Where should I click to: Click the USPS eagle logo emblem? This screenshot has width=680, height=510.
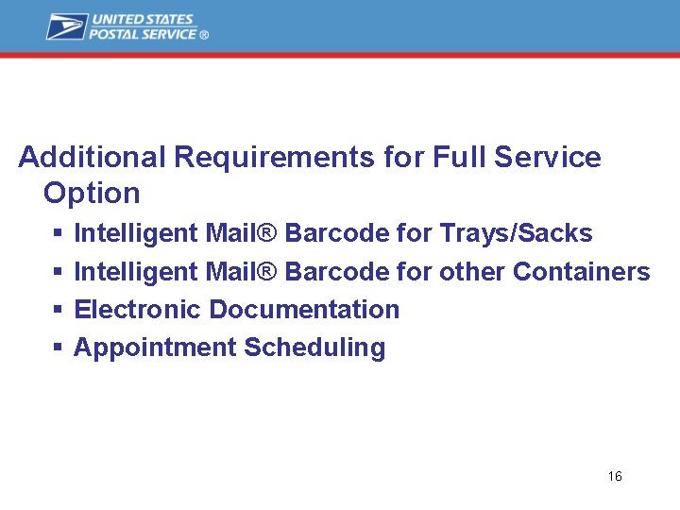(x=66, y=26)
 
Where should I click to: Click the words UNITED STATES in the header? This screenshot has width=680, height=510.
(x=142, y=19)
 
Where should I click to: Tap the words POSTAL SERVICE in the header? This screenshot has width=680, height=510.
(x=144, y=34)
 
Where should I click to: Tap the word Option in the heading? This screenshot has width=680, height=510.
(x=92, y=194)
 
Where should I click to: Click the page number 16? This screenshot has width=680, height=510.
(x=615, y=476)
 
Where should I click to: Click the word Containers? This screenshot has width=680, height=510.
(x=581, y=272)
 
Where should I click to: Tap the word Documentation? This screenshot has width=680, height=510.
(x=304, y=310)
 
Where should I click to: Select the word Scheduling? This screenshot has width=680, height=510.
(x=314, y=348)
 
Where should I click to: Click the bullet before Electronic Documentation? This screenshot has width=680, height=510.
(x=57, y=310)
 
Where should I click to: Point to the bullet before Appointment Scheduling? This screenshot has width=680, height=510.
(x=57, y=348)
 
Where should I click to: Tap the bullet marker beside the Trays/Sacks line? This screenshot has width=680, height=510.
(x=57, y=233)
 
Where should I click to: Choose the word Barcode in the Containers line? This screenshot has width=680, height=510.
(x=336, y=272)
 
